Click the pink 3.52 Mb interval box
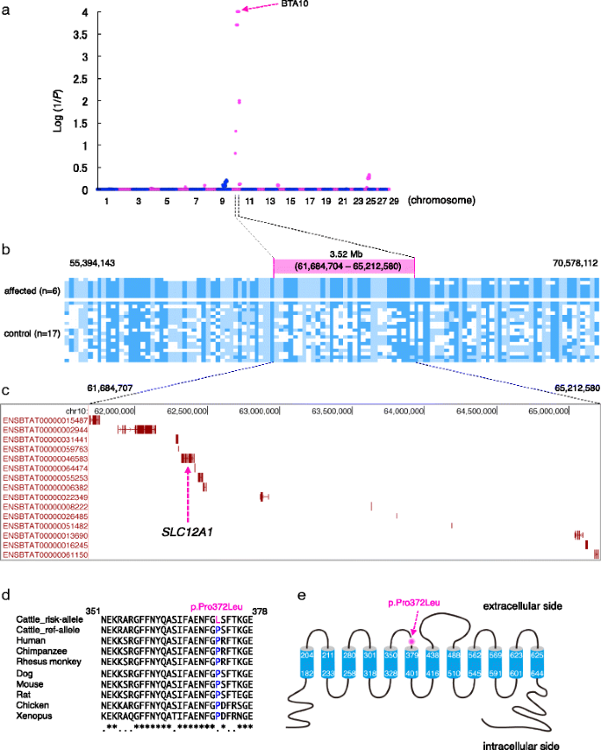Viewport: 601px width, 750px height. [344, 267]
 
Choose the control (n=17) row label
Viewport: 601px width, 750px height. [33, 332]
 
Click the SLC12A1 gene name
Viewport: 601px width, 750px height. [188, 532]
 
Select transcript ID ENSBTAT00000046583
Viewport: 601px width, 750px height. [45, 458]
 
